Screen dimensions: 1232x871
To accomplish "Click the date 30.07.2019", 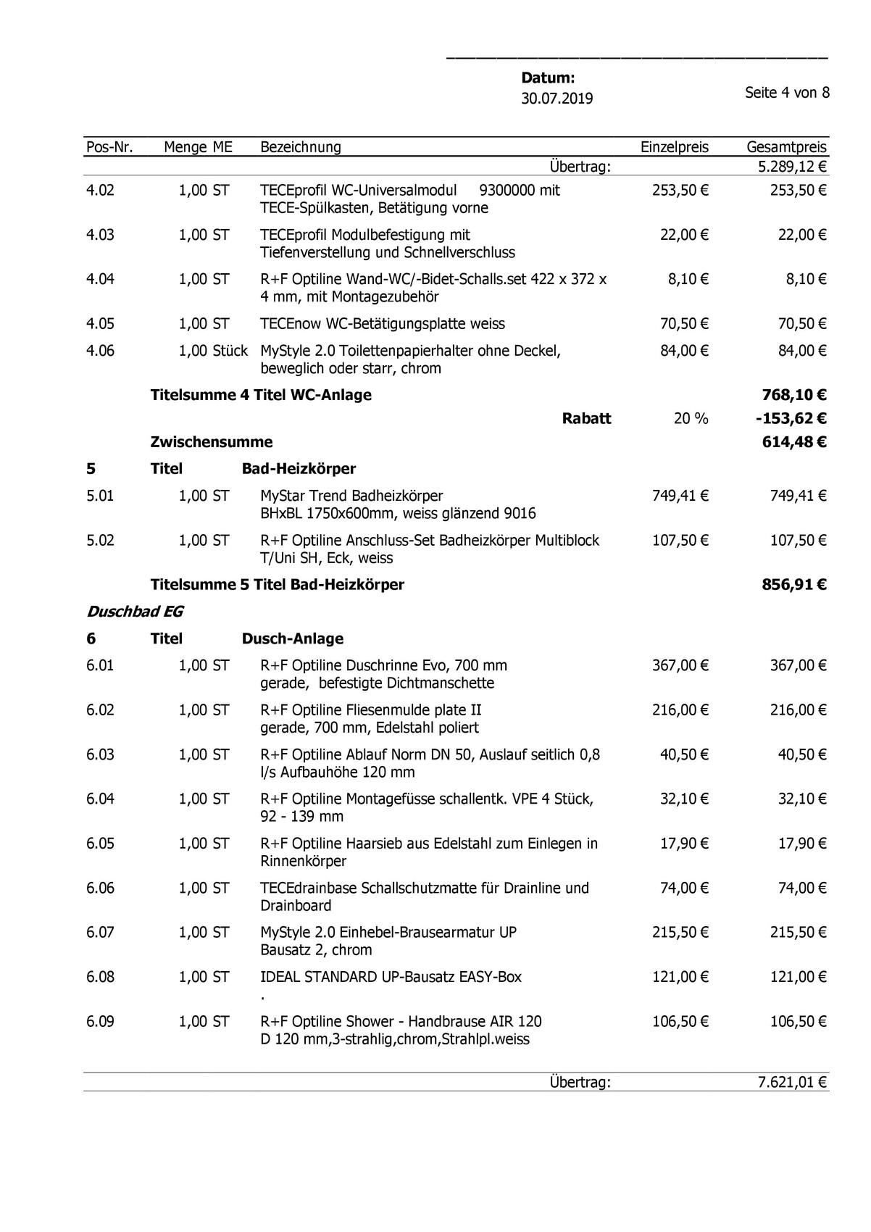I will click(x=557, y=99).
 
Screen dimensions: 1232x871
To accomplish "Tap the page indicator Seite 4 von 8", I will click(x=787, y=93).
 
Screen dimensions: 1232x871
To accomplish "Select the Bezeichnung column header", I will click(x=300, y=147).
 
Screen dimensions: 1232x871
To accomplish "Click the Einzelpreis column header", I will click(x=674, y=147).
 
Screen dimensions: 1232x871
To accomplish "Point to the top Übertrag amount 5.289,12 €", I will click(x=791, y=167).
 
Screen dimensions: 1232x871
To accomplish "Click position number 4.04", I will click(x=100, y=279).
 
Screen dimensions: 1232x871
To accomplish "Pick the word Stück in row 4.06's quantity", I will click(x=230, y=351).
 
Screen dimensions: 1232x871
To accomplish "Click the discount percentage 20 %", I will click(x=691, y=418).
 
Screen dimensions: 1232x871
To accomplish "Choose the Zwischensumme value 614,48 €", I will click(x=793, y=442).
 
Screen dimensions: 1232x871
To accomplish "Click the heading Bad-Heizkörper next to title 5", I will click(x=299, y=469).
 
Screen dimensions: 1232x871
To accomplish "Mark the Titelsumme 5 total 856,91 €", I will click(x=793, y=584).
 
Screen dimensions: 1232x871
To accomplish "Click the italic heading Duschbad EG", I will click(x=135, y=612).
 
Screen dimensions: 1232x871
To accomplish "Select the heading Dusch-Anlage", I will click(x=293, y=638).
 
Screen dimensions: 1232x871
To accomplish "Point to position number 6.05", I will click(x=100, y=844).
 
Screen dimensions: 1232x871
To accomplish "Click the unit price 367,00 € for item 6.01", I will click(x=680, y=665).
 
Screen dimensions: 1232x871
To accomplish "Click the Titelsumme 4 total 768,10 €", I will click(x=793, y=395).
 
